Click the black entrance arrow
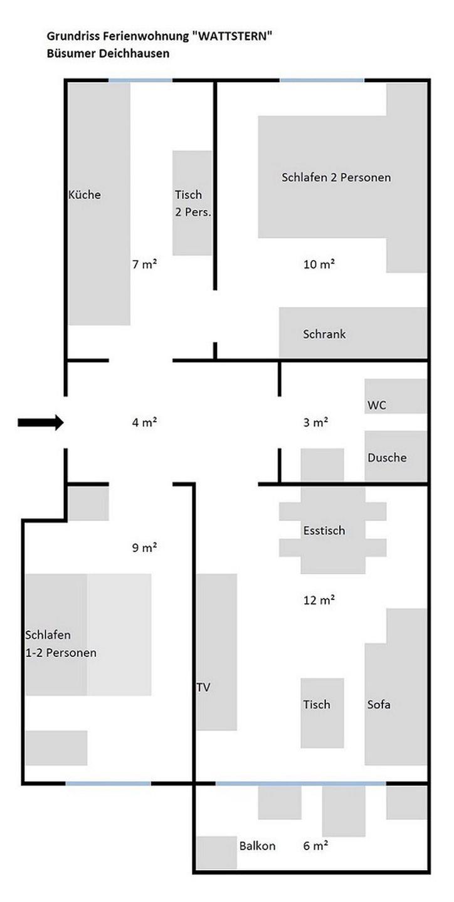coord(41,422)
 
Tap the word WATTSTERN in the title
coord(233,36)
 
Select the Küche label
coord(84,194)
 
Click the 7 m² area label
coord(144,264)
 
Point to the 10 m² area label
coord(319,264)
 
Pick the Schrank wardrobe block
coord(353,332)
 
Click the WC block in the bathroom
coord(396,396)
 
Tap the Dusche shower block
coord(396,456)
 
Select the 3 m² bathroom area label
coord(315,422)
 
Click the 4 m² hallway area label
coord(144,422)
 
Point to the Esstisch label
coord(324,531)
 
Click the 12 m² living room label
coord(319,600)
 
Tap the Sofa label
coord(379,704)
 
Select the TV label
coord(203,687)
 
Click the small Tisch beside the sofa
coord(322,713)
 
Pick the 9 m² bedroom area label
coord(144,547)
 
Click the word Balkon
coord(257,846)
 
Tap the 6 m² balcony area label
coord(315,846)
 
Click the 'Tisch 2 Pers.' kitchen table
coord(193,203)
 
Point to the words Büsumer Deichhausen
coord(108,53)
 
